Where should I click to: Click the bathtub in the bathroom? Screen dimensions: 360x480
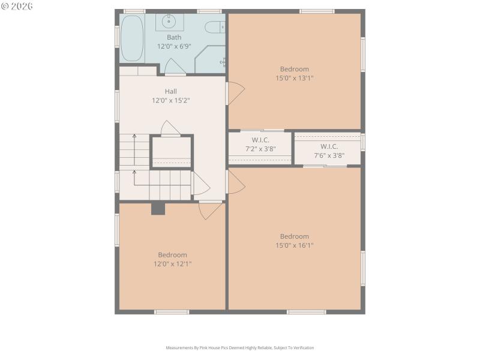132,38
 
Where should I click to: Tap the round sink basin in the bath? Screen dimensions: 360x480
169,22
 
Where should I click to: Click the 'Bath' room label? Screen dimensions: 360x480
174,37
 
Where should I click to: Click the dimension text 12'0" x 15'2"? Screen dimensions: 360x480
171,101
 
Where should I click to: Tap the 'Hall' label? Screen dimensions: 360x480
171,92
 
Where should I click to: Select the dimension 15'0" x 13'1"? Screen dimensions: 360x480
294,78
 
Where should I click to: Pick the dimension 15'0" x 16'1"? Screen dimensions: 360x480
294,245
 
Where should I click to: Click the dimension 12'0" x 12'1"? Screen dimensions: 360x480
172,263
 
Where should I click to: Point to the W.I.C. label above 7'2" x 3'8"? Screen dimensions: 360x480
260,140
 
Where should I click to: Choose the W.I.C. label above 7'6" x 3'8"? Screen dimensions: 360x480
329,146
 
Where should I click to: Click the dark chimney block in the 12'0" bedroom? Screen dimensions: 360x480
158,208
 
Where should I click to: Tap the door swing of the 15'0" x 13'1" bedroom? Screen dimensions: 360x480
235,94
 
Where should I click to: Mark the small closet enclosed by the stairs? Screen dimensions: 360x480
171,152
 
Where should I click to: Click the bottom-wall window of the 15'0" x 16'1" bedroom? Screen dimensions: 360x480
306,311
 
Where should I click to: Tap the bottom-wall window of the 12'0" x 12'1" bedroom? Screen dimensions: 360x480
172,311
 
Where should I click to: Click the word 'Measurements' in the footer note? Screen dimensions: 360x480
179,347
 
